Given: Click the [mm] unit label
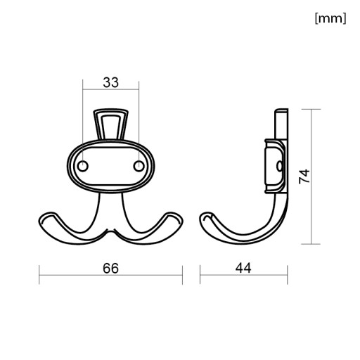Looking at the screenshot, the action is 330,18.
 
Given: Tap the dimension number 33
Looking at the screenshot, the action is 111,82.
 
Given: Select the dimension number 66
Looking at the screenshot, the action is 110,269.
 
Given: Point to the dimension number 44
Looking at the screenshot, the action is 243,268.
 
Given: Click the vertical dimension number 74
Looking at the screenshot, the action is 304,176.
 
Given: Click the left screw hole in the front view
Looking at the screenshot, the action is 82,166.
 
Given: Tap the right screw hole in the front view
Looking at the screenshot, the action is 139,166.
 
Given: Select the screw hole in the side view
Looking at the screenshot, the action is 279,166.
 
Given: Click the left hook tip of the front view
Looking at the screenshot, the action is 44,218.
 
